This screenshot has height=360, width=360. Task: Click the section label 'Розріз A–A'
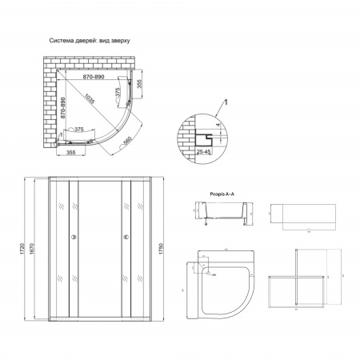[x=209, y=193]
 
